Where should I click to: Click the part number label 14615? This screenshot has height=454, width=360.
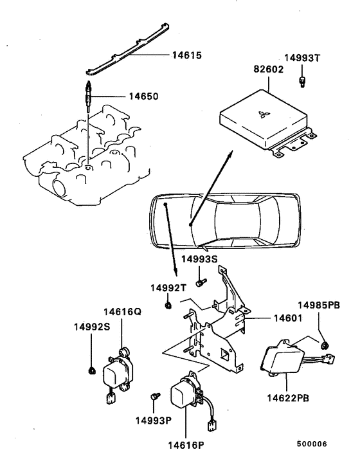[186, 56]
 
